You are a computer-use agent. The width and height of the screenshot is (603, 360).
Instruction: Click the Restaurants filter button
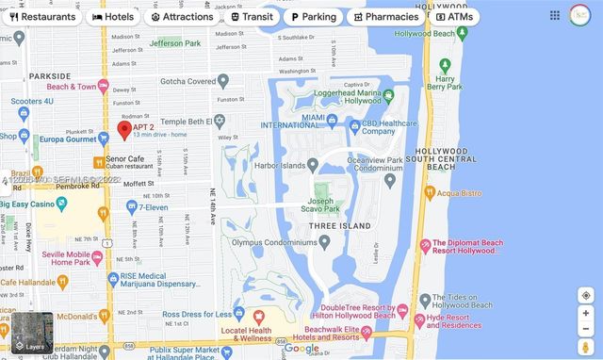pos(42,17)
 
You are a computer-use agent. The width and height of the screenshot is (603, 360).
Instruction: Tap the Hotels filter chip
pos(112,17)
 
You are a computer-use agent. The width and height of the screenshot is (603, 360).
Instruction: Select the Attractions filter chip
pos(182,17)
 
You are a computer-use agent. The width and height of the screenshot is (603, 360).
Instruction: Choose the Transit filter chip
pos(252,17)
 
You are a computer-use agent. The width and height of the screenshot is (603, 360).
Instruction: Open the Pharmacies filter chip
pos(385,17)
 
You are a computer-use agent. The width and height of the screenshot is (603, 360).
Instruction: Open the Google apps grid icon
pos(555,16)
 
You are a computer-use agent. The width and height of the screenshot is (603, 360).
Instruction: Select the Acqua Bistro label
pos(459,192)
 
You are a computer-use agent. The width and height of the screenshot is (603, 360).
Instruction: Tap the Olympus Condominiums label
pos(272,242)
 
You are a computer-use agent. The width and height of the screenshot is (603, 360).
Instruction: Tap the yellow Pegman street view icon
pos(585,349)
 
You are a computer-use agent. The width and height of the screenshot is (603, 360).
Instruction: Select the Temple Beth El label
pos(179,122)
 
